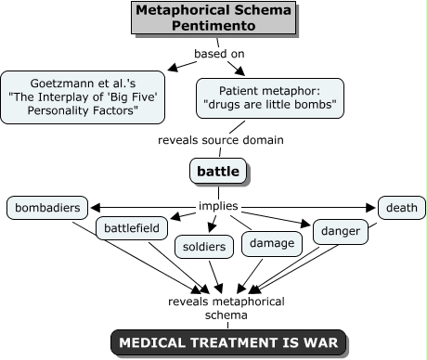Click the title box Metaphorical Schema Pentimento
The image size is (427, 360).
[x=213, y=18]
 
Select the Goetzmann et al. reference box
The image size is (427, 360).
[x=83, y=97]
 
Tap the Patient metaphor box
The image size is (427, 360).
[x=270, y=98]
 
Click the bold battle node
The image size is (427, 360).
[x=218, y=171]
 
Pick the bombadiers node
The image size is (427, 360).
[x=47, y=208]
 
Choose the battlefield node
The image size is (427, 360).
[x=132, y=228]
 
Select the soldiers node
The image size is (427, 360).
[x=204, y=247]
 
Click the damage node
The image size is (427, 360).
[x=272, y=243]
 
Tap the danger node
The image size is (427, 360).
[x=341, y=231]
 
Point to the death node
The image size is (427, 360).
[x=402, y=208]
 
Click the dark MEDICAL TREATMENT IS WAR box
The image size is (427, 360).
[x=228, y=342]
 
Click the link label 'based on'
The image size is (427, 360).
[x=219, y=54]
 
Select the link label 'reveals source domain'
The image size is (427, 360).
[x=221, y=140]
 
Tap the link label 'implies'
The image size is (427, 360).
[x=218, y=206]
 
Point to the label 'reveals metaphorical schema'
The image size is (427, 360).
[x=226, y=308]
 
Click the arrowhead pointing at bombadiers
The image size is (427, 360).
[x=95, y=208]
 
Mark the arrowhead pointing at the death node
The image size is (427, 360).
[x=370, y=208]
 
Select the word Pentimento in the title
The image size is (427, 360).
[x=213, y=25]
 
